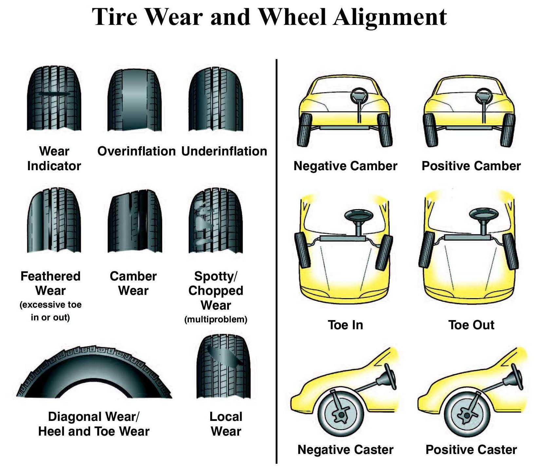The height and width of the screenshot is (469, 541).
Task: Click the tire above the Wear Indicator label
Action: coord(54,98)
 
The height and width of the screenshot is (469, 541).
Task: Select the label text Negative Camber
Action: coord(345,166)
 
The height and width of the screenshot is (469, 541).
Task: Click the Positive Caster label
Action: coord(471,450)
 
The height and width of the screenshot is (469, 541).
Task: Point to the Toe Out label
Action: coord(471,325)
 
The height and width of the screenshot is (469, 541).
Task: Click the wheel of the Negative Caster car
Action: coord(341,415)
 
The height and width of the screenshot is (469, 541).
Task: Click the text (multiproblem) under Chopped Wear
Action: coord(216,319)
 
